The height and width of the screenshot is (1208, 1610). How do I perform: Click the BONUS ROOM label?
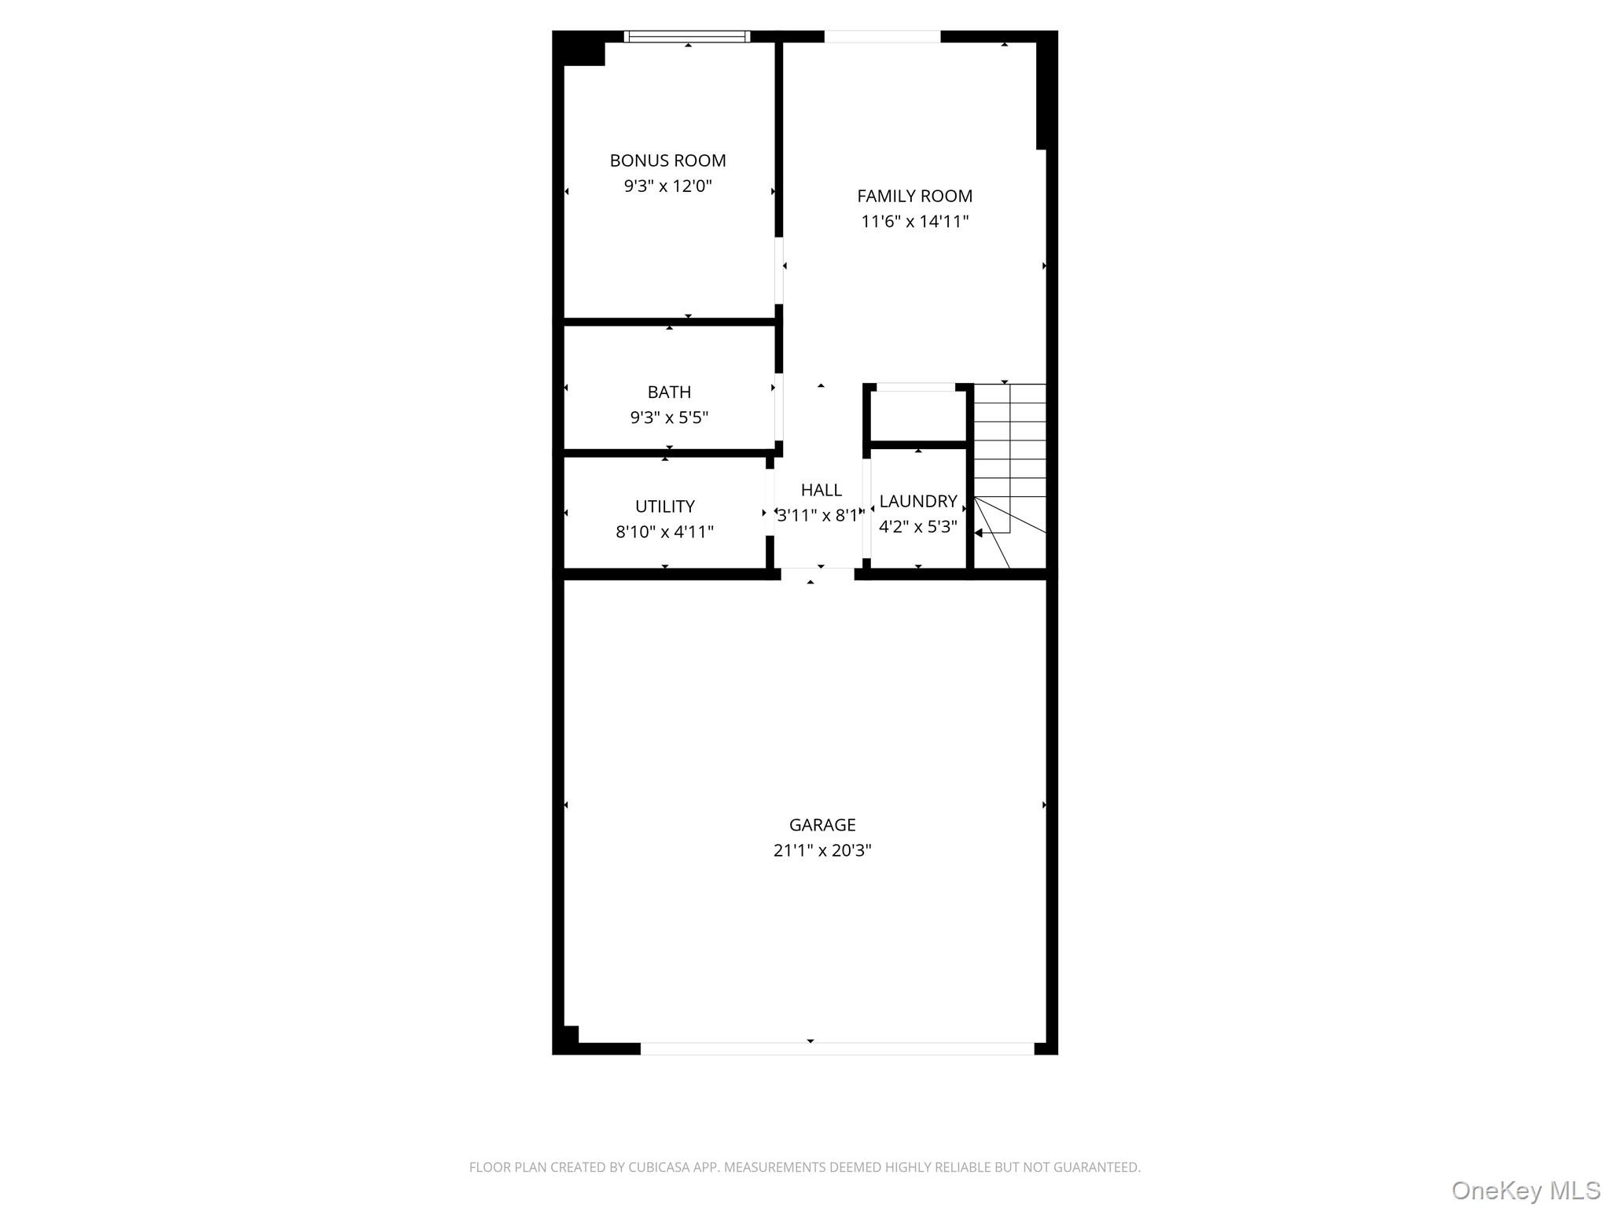[x=667, y=160]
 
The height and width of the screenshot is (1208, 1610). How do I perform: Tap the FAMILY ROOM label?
[x=914, y=196]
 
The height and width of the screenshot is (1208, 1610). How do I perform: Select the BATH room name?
[x=669, y=392]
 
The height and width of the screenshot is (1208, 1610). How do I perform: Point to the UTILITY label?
[x=664, y=506]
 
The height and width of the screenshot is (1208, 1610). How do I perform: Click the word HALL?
[x=821, y=490]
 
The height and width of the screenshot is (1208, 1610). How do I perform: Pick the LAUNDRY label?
[x=917, y=501]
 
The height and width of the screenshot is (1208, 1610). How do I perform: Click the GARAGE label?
[x=822, y=825]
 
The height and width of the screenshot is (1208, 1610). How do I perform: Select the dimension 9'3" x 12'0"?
[x=667, y=186]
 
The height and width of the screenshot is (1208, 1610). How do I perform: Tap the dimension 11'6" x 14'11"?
[x=914, y=222]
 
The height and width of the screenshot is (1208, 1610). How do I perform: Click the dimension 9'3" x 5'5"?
[x=669, y=418]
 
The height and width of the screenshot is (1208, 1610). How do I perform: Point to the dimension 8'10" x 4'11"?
[x=664, y=532]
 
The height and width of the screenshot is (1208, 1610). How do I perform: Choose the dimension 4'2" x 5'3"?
[x=917, y=527]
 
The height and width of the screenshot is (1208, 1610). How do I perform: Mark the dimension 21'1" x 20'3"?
[x=822, y=850]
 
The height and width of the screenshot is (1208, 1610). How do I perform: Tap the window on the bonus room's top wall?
[x=687, y=36]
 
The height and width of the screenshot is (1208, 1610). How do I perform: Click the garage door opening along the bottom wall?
[x=836, y=1048]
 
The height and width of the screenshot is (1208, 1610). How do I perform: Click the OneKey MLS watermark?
[x=1525, y=1190]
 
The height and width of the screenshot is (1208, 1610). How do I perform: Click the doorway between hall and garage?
[x=817, y=573]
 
